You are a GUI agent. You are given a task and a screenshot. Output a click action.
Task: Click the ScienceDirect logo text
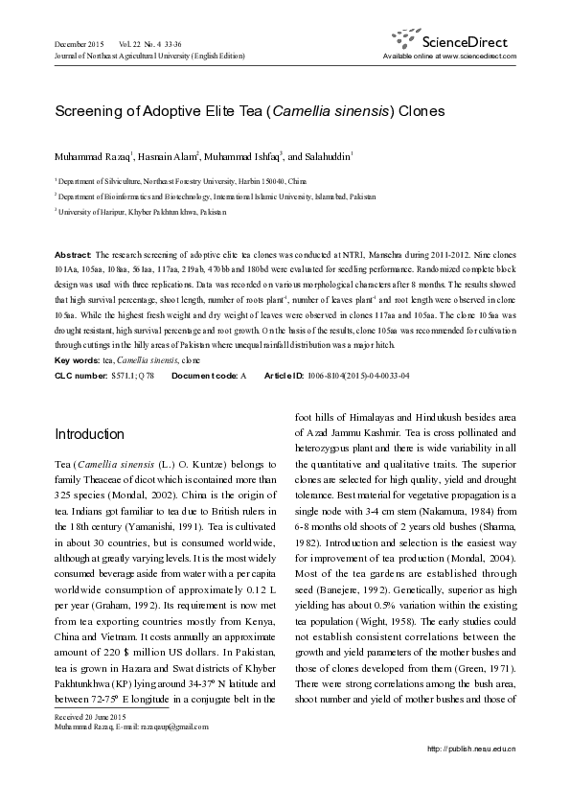pos(469,41)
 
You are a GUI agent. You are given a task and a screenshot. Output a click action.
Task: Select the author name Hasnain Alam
pos(168,156)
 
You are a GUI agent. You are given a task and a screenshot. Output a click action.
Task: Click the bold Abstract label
pos(73,257)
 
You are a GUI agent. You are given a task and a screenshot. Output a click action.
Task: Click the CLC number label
pos(81,375)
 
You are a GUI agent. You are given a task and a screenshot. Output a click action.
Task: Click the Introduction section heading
pos(89,434)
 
